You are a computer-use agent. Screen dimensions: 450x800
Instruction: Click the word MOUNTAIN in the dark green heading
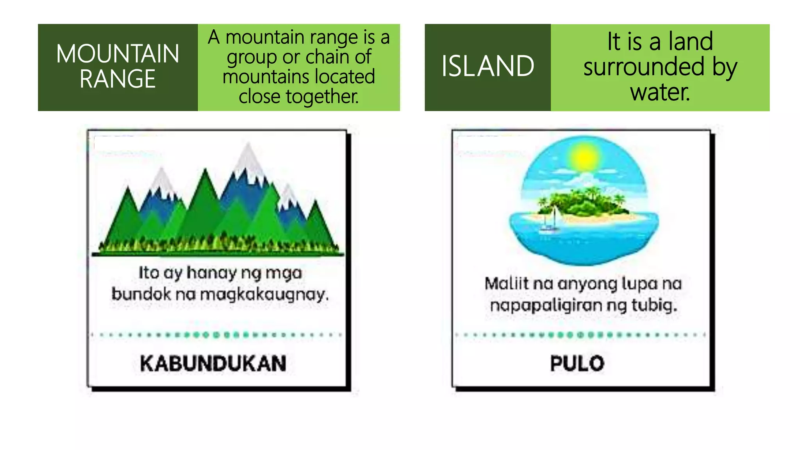118,54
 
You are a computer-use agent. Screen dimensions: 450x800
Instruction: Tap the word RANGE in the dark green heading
118,79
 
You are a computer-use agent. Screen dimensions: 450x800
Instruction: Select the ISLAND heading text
487,66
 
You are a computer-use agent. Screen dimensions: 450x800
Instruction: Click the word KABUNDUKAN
213,363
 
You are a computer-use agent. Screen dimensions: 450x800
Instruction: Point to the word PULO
577,363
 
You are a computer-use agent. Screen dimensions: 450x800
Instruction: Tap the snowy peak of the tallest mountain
248,156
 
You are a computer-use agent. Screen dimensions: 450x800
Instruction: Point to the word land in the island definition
690,41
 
